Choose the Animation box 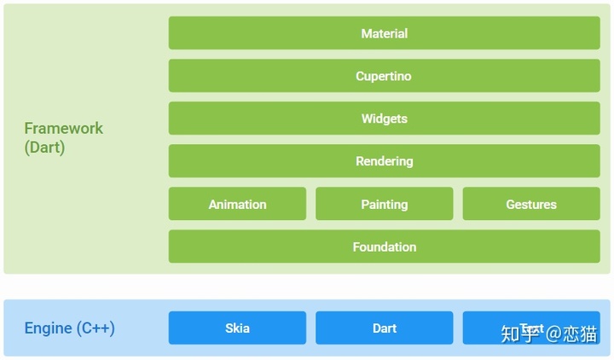tap(237, 204)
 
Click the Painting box tap(384, 204)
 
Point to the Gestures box tap(530, 204)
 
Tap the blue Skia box tap(237, 328)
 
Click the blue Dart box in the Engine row tap(384, 328)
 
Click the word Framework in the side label tap(63, 128)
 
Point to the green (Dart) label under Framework tap(44, 147)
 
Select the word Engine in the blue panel tap(48, 328)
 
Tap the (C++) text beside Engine tap(96, 328)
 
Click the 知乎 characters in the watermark tap(520, 333)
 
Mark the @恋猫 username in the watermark tap(572, 333)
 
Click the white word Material tap(384, 33)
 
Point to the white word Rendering tap(384, 161)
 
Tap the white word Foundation tap(384, 247)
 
